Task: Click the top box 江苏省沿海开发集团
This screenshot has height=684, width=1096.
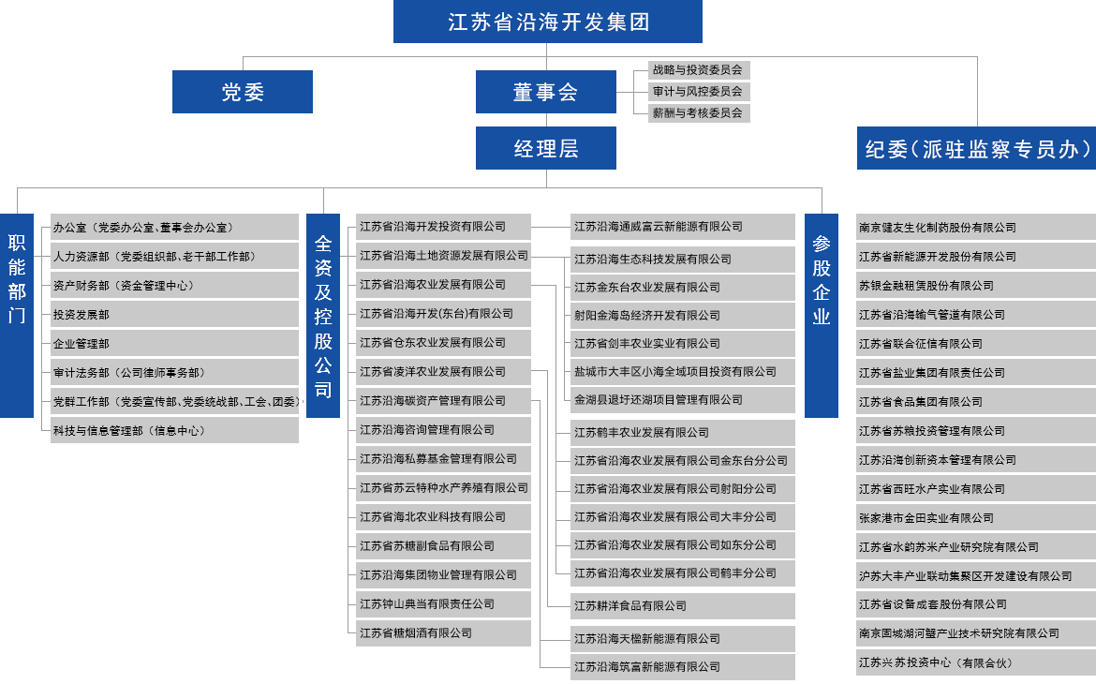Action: (548, 22)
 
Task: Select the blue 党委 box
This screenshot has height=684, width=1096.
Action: (243, 92)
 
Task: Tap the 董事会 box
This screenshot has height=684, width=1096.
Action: (545, 92)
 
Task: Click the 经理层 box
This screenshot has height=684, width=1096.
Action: (545, 148)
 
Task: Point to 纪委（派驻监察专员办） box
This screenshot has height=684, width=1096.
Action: (976, 148)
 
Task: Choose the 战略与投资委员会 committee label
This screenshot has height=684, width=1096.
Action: (698, 70)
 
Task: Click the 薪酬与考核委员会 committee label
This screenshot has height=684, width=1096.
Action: (698, 113)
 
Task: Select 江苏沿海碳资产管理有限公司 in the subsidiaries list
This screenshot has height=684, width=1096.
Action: (433, 401)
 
